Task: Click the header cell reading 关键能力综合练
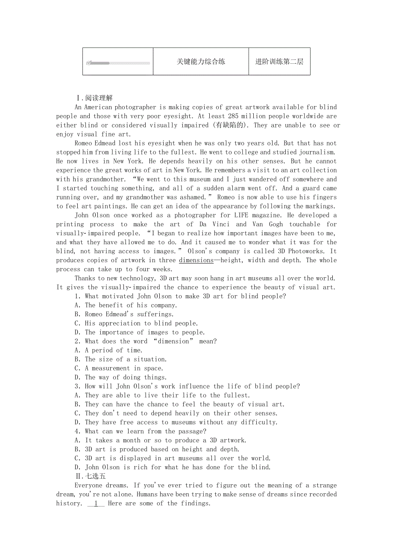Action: coord(201,62)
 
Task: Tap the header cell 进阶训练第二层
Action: coord(279,62)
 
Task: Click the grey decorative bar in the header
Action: coord(118,63)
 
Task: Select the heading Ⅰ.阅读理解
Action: coord(94,98)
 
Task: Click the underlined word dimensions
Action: coord(196,260)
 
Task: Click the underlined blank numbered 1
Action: coord(96,504)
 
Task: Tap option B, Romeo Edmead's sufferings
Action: coord(123,314)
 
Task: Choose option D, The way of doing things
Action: coord(121,377)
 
